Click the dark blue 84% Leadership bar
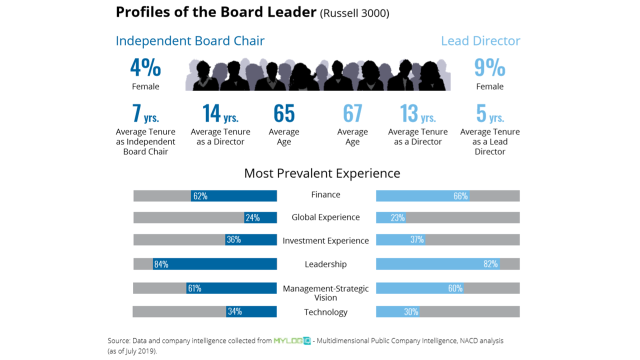point(215,264)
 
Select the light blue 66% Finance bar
point(422,196)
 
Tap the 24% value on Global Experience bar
point(252,217)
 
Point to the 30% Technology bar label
point(411,311)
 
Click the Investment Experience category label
point(325,240)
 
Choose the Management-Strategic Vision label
point(325,293)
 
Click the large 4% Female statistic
point(145,68)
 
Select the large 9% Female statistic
point(489,68)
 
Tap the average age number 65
point(284,113)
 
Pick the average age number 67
point(352,113)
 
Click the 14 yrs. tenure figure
point(220,113)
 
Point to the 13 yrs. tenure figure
point(418,113)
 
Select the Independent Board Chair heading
point(190,41)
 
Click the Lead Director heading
point(480,41)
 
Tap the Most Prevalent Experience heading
point(322,173)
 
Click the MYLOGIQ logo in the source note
point(292,341)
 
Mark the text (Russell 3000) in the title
point(355,13)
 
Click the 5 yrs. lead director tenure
point(490,113)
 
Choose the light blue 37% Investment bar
point(400,240)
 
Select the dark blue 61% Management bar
point(231,288)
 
